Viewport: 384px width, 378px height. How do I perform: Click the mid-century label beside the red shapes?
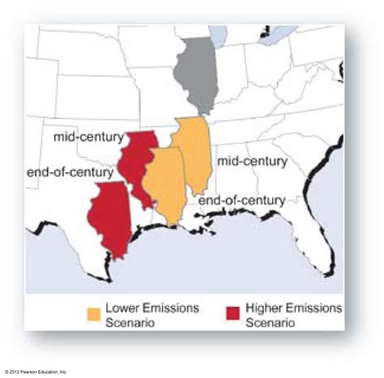[x=88, y=138]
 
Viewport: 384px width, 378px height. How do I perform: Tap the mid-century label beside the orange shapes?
[x=252, y=161]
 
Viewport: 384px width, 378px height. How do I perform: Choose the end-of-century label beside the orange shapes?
[x=241, y=200]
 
